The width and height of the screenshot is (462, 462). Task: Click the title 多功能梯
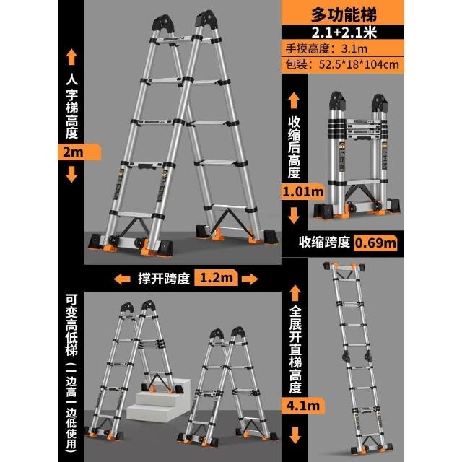click(x=344, y=14)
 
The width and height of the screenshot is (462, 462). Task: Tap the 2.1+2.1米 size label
click(x=344, y=32)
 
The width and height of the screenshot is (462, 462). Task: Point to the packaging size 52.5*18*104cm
click(x=359, y=64)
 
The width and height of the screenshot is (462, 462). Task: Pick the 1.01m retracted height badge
click(x=303, y=192)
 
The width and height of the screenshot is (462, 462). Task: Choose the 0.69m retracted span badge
click(x=375, y=243)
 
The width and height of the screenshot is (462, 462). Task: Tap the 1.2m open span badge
click(x=217, y=277)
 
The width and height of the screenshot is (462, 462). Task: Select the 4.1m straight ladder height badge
click(x=303, y=406)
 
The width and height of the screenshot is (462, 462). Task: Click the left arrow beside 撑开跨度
click(x=122, y=279)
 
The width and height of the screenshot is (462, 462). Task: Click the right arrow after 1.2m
click(x=250, y=279)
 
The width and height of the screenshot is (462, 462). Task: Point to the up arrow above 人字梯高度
click(x=71, y=57)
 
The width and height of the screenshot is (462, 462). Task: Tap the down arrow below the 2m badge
click(x=71, y=175)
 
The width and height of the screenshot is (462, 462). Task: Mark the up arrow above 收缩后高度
click(x=294, y=100)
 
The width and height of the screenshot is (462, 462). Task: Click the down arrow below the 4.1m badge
click(x=295, y=435)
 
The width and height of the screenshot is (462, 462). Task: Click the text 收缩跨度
click(x=324, y=243)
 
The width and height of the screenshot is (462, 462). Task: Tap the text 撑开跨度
click(x=164, y=278)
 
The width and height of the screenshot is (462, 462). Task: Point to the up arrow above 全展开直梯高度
click(x=295, y=293)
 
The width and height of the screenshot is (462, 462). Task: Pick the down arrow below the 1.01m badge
click(x=294, y=215)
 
